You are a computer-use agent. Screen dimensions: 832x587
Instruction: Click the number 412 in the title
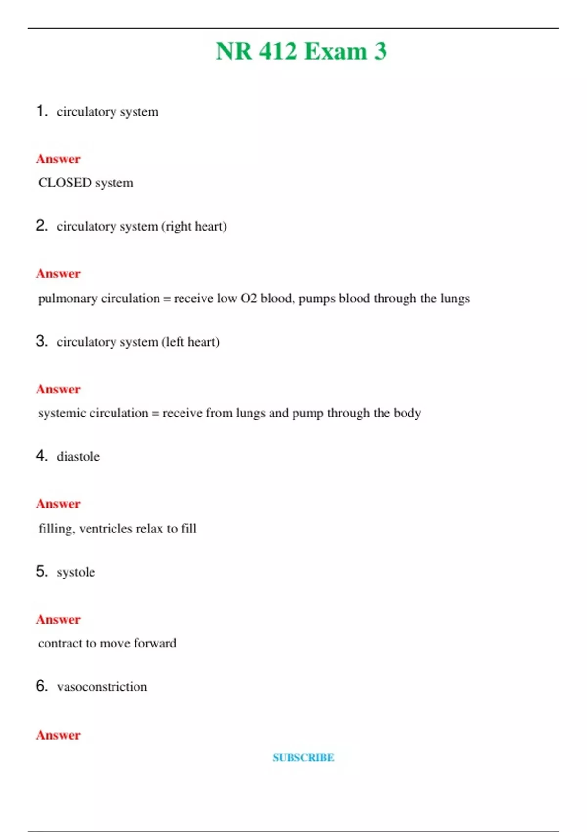coord(278,51)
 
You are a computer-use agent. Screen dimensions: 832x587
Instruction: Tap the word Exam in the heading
coord(336,51)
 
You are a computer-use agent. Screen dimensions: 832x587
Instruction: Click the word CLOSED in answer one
coord(65,183)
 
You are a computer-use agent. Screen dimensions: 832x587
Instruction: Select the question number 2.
coord(42,225)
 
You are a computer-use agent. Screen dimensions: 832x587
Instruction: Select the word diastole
coord(78,457)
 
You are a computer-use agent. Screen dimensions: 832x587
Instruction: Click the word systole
coord(76,572)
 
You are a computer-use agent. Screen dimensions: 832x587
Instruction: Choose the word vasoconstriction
coord(102,687)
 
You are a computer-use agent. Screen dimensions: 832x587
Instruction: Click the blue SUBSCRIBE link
coord(303,757)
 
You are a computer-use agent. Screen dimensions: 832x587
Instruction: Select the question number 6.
coord(42,686)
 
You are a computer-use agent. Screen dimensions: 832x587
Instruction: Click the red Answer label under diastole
coord(58,504)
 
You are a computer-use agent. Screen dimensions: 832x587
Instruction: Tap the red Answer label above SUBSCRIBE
coord(58,735)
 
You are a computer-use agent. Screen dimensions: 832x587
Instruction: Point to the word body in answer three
coord(407,413)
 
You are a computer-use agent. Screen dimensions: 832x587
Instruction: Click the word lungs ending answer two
coord(455,299)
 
